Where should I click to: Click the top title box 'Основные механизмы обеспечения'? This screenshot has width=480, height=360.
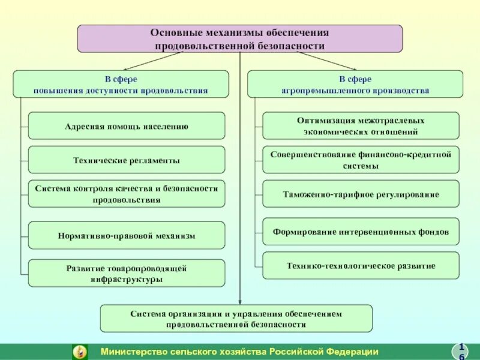click(x=240, y=38)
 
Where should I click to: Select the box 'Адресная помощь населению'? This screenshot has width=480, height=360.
click(x=127, y=126)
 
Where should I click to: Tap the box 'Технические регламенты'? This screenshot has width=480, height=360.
click(x=127, y=160)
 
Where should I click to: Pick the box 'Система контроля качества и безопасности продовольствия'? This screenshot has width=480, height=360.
click(x=127, y=194)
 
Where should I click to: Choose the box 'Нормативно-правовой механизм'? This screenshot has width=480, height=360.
click(x=127, y=236)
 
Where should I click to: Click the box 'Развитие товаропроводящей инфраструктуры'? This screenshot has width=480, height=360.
click(x=127, y=273)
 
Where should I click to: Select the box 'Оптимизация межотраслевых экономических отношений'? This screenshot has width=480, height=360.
click(x=361, y=126)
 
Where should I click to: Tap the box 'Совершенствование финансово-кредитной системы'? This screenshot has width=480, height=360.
click(x=361, y=160)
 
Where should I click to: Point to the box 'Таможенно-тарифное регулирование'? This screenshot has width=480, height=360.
click(x=361, y=194)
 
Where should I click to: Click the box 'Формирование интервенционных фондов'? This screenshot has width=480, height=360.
click(x=361, y=231)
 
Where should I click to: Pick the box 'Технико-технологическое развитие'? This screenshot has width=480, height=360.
click(x=361, y=265)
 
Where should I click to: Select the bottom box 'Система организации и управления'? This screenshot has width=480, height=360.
click(x=236, y=319)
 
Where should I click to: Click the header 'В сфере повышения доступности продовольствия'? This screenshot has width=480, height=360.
click(x=121, y=84)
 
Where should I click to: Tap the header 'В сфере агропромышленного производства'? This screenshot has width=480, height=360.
click(x=355, y=84)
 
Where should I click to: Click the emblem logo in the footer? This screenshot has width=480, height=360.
click(x=79, y=352)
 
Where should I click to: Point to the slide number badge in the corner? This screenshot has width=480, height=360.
click(x=461, y=352)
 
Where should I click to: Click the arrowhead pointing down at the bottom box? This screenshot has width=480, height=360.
click(x=240, y=301)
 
